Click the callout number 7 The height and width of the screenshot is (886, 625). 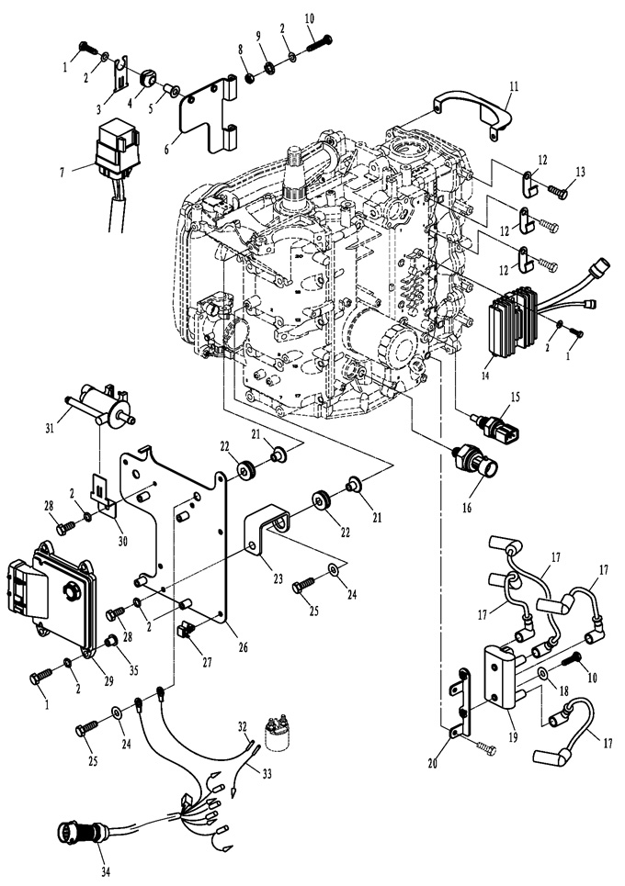tap(62, 172)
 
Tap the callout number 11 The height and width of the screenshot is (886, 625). tap(514, 87)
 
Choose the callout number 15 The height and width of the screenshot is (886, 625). tap(514, 397)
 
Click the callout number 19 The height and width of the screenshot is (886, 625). tap(513, 737)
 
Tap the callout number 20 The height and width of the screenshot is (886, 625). tap(434, 763)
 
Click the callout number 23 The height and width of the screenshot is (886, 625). tap(278, 578)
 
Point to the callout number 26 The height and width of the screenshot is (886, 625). tap(243, 647)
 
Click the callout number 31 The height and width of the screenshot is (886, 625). tap(50, 428)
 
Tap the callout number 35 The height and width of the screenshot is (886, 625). tap(133, 671)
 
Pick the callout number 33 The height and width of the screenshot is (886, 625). tap(267, 773)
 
